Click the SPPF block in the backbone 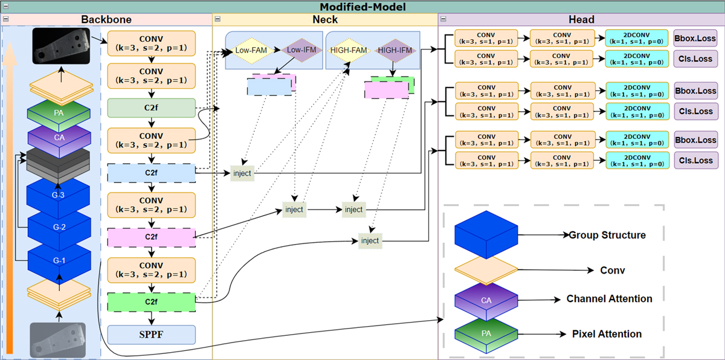[152, 334]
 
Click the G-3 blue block [58, 196]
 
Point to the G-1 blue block [58, 260]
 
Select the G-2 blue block [58, 228]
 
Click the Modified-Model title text [362, 7]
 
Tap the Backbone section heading [106, 19]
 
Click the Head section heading [581, 19]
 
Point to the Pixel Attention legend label [607, 334]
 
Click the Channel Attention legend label [609, 299]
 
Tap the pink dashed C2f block [152, 237]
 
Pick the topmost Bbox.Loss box [694, 39]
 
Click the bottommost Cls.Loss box [694, 161]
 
